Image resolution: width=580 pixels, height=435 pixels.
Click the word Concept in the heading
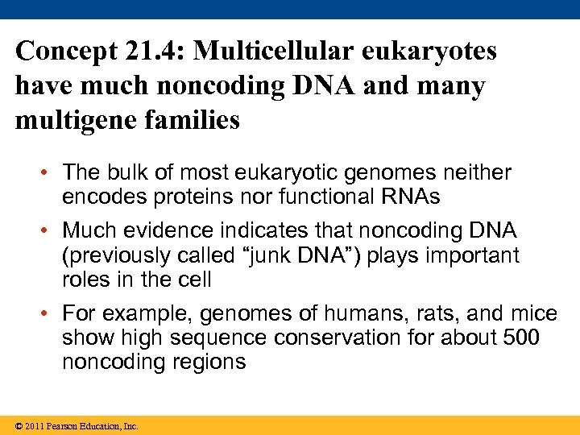pyautogui.click(x=67, y=52)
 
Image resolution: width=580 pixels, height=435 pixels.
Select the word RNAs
pyautogui.click(x=412, y=197)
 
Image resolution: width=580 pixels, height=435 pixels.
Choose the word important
pyautogui.click(x=466, y=256)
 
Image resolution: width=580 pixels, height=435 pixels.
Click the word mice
pyautogui.click(x=528, y=313)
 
